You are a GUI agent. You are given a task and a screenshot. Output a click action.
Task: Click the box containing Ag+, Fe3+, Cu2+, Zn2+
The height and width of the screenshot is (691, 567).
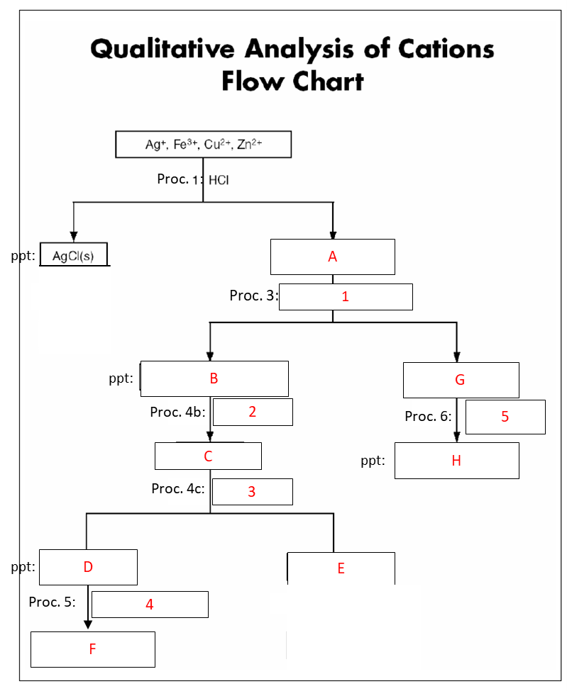click(x=203, y=145)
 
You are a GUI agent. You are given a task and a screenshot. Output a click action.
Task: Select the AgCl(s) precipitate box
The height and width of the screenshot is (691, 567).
click(x=75, y=255)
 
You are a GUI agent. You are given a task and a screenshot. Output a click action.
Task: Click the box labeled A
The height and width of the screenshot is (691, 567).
click(x=332, y=257)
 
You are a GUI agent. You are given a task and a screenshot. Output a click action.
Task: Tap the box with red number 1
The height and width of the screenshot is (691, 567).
click(x=346, y=296)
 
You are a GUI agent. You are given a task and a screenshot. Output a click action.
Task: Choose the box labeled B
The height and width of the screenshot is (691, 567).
click(x=214, y=378)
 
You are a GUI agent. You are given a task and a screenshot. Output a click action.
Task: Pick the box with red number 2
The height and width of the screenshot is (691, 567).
click(x=253, y=412)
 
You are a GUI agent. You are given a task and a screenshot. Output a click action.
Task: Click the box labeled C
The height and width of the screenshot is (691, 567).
click(x=208, y=456)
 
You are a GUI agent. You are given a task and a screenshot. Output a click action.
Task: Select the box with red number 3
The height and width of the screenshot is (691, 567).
click(x=252, y=491)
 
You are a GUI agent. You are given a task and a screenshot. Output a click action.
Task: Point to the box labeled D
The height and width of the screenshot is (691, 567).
click(x=88, y=566)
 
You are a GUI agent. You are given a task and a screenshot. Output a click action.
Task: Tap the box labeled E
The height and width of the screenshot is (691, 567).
click(x=341, y=568)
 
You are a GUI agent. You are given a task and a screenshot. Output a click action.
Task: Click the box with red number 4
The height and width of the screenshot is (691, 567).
click(x=150, y=604)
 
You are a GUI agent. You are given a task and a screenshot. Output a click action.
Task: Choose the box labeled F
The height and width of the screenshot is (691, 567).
click(x=92, y=648)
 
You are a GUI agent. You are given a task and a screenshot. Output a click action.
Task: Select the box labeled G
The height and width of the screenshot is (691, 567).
click(x=461, y=379)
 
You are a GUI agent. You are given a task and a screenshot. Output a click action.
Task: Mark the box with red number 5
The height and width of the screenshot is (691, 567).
click(x=505, y=416)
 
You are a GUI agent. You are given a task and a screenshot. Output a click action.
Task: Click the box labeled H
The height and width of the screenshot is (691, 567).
click(x=456, y=460)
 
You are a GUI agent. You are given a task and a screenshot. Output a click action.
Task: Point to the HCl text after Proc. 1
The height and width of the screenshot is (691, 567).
click(x=219, y=180)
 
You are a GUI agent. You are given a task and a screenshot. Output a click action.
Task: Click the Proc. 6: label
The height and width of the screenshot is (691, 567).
click(x=428, y=416)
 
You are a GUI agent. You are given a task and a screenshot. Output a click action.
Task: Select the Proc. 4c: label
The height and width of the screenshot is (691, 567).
click(x=178, y=488)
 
